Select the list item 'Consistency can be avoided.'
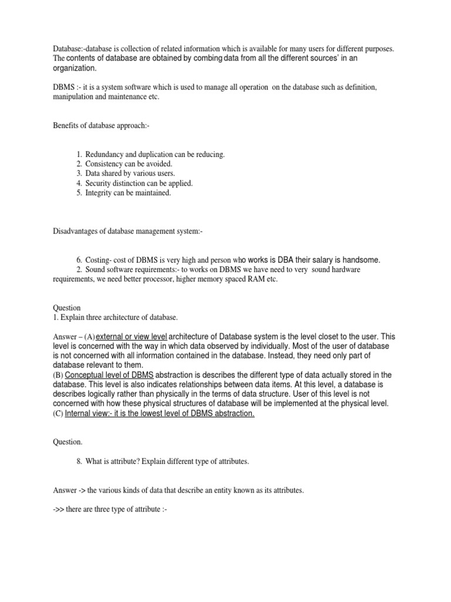(x=129, y=163)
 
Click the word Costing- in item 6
(x=99, y=260)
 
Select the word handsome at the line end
(x=360, y=260)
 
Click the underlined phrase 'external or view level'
(x=132, y=336)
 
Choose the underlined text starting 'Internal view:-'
(x=160, y=413)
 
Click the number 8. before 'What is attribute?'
(x=79, y=461)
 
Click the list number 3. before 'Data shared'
(x=79, y=173)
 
